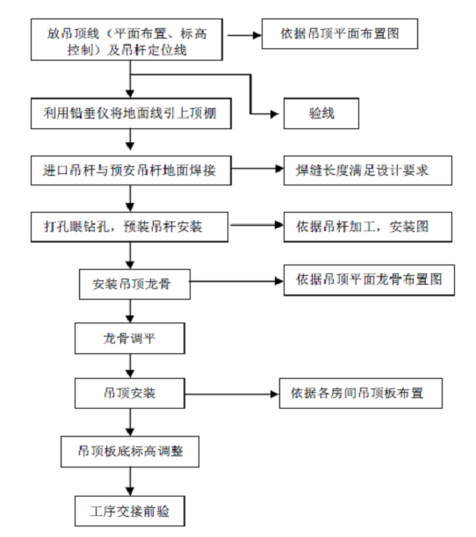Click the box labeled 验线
click(321, 113)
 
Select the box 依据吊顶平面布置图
click(340, 33)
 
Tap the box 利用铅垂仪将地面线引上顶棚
click(131, 113)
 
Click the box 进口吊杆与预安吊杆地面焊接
click(131, 171)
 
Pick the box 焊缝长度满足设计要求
click(368, 171)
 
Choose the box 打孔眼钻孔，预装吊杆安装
click(129, 227)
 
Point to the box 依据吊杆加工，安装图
click(368, 227)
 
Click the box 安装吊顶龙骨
click(135, 284)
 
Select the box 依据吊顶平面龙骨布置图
click(369, 279)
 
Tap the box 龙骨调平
click(130, 338)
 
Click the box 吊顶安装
click(130, 393)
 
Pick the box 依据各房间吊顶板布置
click(361, 393)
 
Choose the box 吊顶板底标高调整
click(130, 452)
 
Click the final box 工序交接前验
click(130, 511)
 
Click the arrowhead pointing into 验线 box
click(275, 113)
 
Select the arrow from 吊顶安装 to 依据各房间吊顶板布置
click(232, 395)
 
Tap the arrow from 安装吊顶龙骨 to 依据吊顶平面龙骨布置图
click(237, 281)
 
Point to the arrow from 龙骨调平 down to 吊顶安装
click(130, 366)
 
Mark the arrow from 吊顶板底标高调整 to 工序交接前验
click(130, 482)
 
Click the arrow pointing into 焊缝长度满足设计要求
click(257, 169)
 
